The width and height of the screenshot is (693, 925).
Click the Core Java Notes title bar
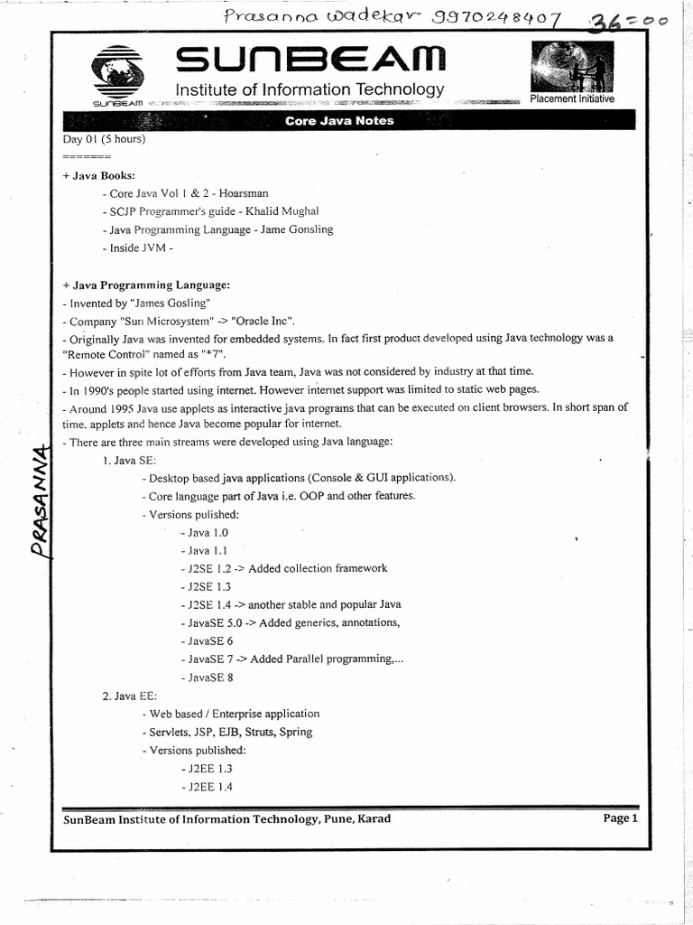[339, 121]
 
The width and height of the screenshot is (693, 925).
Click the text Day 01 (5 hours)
[104, 139]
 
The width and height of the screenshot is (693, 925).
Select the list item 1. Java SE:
[129, 460]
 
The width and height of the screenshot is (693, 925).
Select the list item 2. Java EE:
[129, 696]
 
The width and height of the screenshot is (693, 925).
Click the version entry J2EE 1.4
[207, 787]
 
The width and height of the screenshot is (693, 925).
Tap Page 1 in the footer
[620, 818]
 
